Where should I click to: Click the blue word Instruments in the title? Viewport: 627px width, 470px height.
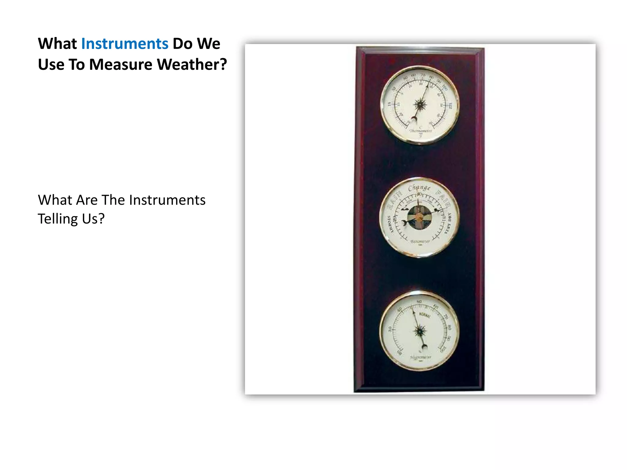[125, 44]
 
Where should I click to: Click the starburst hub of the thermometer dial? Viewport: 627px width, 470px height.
[420, 105]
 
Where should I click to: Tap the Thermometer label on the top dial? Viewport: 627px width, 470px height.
[421, 131]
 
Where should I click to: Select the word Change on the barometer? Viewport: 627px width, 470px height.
[419, 188]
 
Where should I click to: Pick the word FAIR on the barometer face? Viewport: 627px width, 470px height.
[443, 199]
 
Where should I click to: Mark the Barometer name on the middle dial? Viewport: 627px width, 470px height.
[420, 241]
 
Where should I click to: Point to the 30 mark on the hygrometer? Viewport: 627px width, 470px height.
[390, 329]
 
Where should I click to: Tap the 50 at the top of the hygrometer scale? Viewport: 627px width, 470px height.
[419, 302]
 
